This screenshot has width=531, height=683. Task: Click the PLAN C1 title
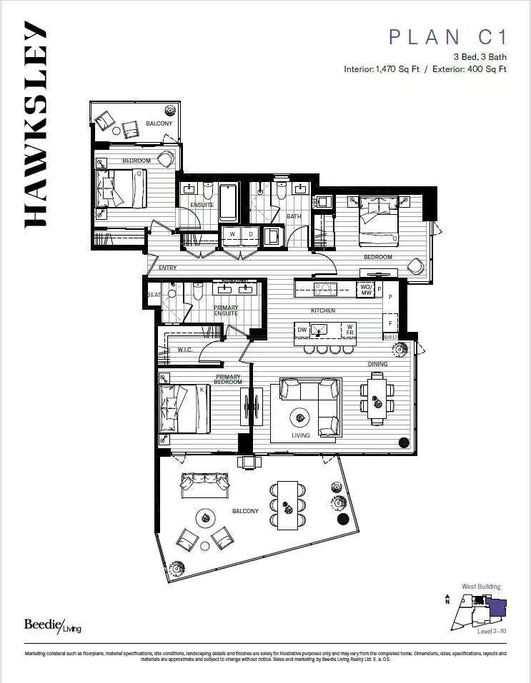[x=447, y=37]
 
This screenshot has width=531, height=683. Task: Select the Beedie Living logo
[x=53, y=624]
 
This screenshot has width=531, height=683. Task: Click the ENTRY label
[x=167, y=268]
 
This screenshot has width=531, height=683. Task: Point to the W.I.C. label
[x=185, y=350]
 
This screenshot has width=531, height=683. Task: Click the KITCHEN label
[x=323, y=310]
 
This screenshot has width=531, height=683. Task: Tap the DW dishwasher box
[x=302, y=330]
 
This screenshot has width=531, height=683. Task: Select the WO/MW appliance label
[x=365, y=289]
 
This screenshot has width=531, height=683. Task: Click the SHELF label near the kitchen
[x=390, y=337]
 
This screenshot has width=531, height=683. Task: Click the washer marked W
[x=232, y=234]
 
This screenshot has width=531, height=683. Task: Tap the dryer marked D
[x=251, y=234]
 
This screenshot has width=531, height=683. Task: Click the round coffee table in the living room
[x=300, y=418]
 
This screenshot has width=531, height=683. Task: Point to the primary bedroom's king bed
[x=184, y=409]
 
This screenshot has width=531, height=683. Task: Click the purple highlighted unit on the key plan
[x=497, y=608]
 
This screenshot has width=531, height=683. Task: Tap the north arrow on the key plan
[x=447, y=599]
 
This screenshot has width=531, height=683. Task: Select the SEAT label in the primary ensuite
[x=153, y=295]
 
